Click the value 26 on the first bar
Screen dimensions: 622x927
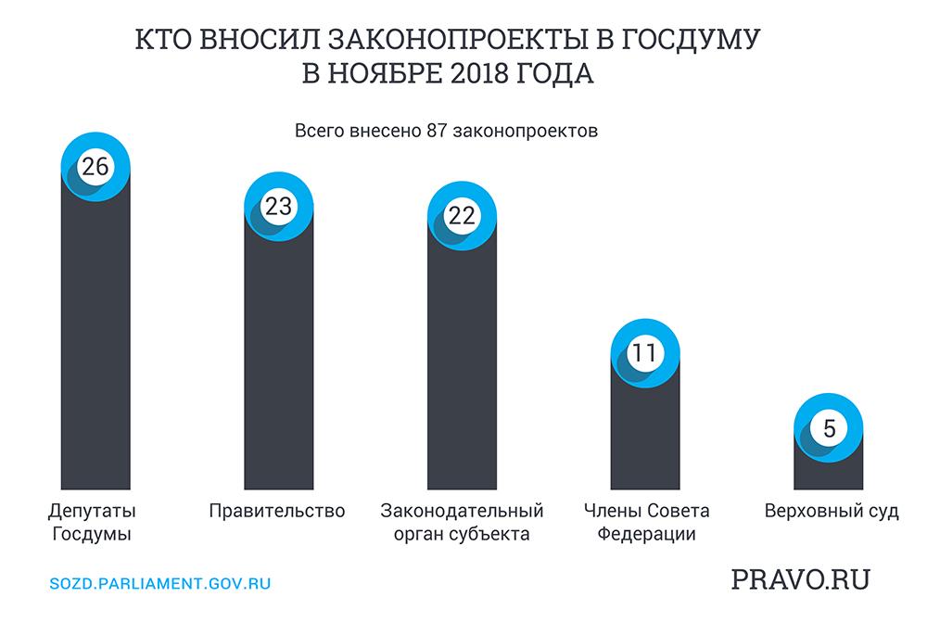point(95,167)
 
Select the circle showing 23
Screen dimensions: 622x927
point(278,207)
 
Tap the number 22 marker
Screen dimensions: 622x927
point(462,215)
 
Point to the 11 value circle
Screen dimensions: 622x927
point(645,352)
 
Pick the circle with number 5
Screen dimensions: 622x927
point(829,428)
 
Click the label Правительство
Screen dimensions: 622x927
point(277,511)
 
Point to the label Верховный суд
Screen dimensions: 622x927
point(832,511)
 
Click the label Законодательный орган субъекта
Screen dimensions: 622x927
point(462,522)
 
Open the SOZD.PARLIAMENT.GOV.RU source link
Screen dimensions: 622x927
point(159,585)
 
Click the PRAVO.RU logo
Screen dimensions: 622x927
point(801,580)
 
